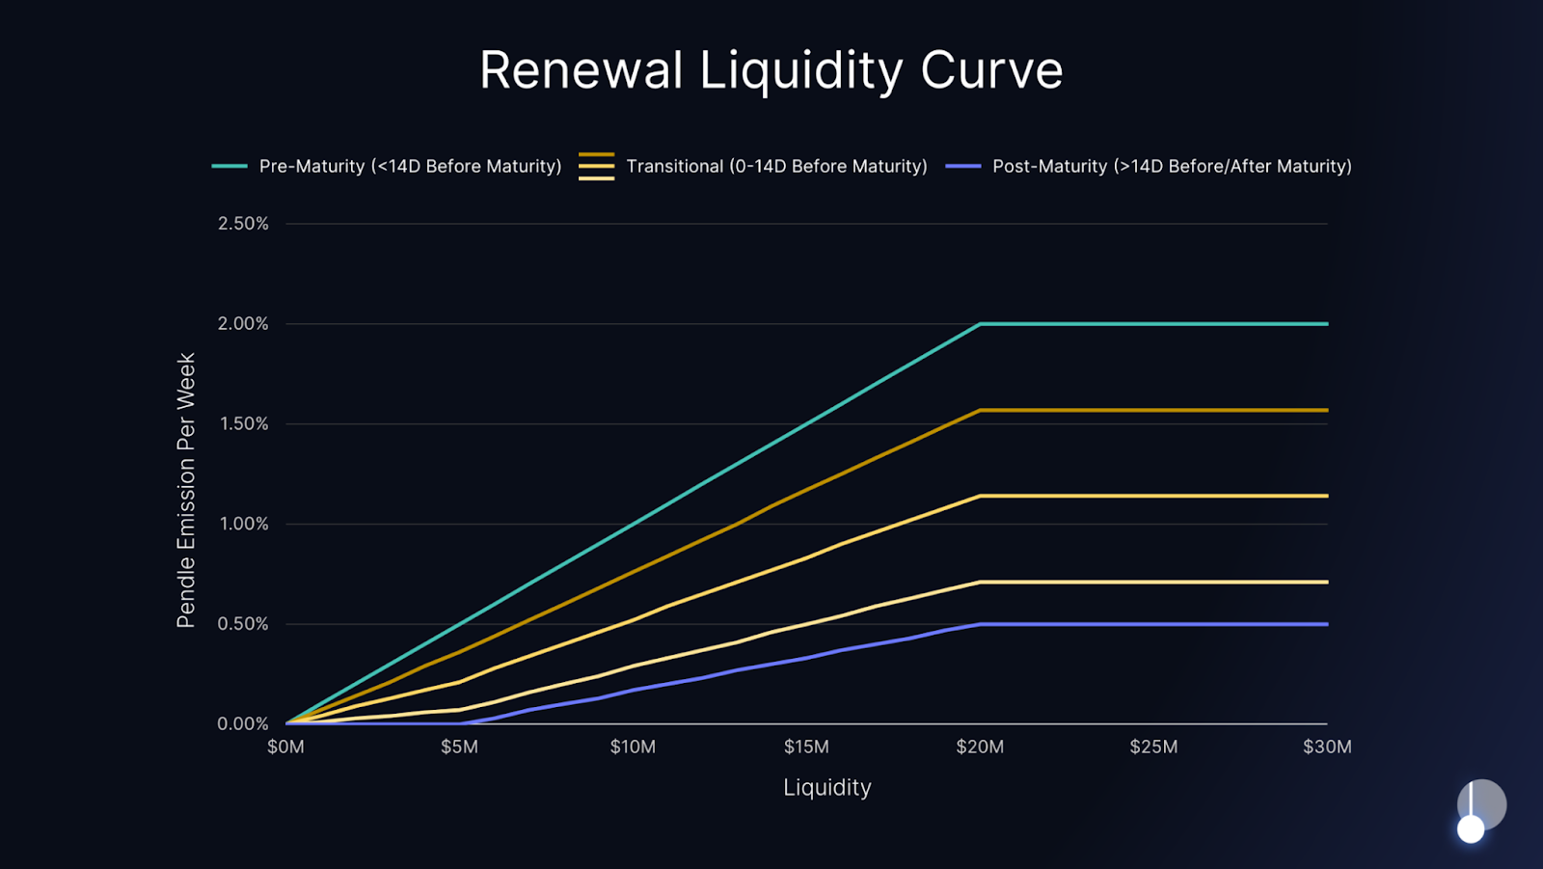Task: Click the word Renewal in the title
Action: (x=582, y=70)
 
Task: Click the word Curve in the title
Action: (x=991, y=70)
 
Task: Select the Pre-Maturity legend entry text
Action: (x=410, y=166)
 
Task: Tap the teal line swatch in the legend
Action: (x=230, y=166)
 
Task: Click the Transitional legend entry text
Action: (x=776, y=166)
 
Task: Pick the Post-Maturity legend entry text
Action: (x=1172, y=166)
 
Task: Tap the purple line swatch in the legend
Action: (x=962, y=166)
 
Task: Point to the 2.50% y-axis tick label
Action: (x=243, y=224)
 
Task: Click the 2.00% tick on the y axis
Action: (x=243, y=324)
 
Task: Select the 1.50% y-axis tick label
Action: (x=243, y=424)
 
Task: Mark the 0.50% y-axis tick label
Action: (x=243, y=624)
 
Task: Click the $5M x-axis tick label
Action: (x=459, y=747)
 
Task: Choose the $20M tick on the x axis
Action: (x=980, y=747)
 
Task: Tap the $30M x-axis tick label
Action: (x=1327, y=747)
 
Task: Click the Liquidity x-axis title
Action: (x=826, y=788)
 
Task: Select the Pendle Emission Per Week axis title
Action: (x=186, y=490)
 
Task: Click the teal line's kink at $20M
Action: (x=980, y=324)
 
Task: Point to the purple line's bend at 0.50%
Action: (x=980, y=624)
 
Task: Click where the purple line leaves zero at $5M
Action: (x=460, y=723)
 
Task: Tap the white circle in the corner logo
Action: (x=1471, y=829)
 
